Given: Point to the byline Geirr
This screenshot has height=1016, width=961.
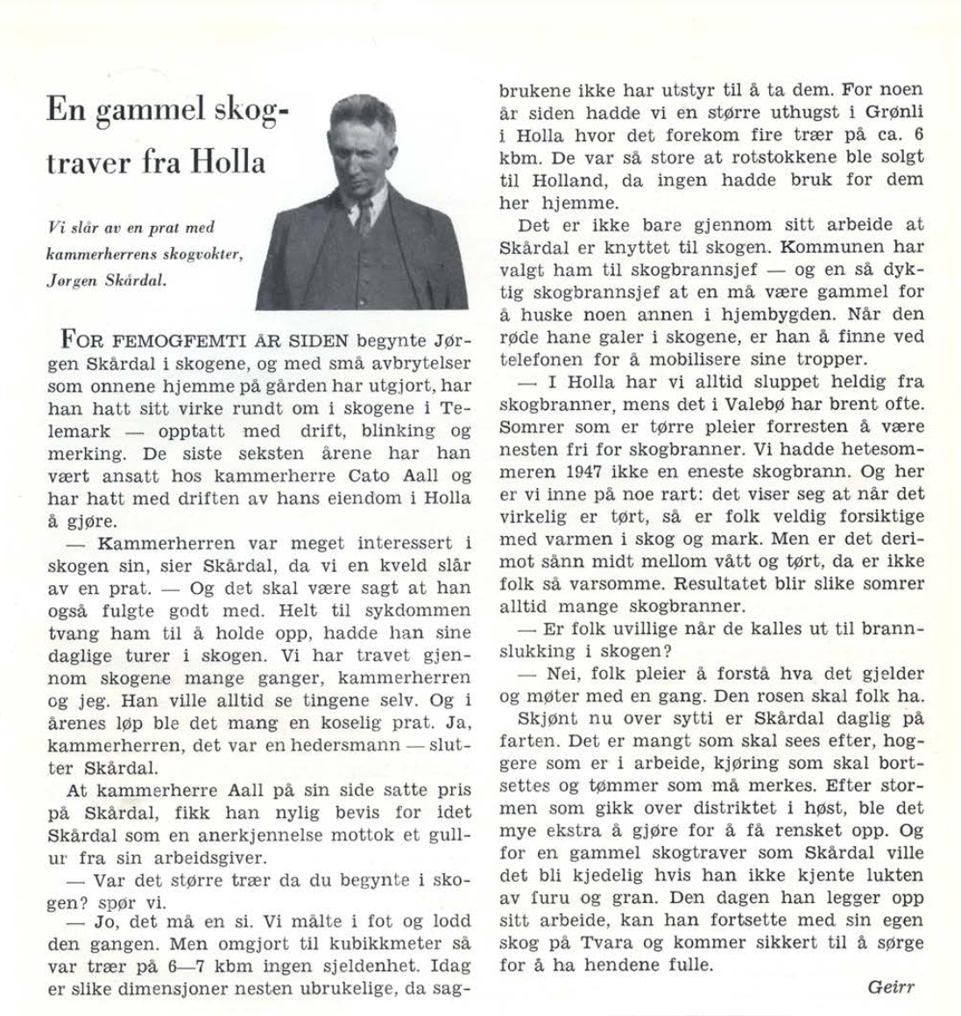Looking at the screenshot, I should pyautogui.click(x=890, y=987).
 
